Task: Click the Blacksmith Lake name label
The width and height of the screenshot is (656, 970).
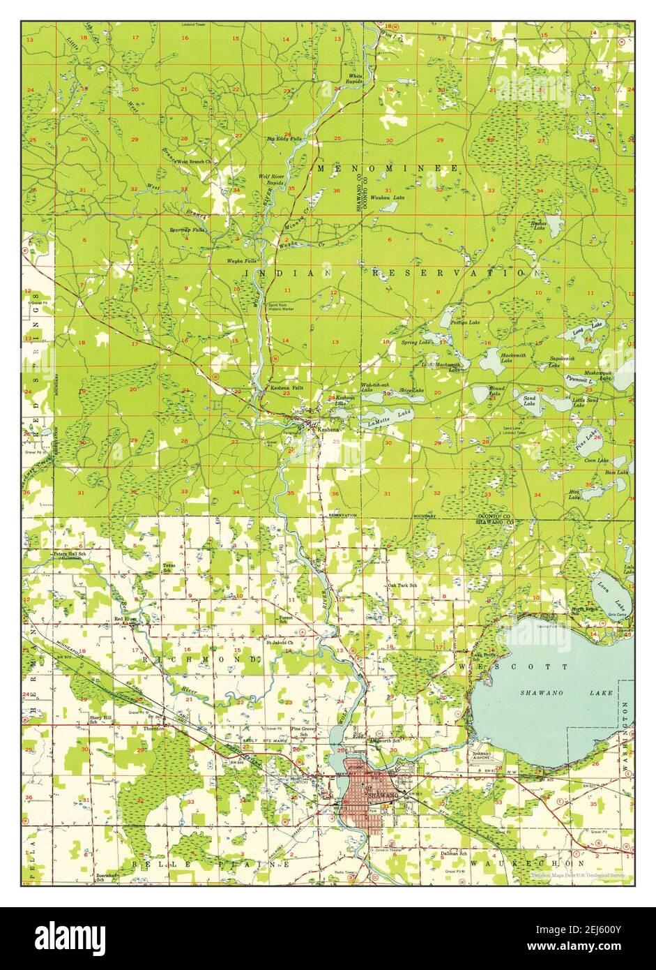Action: tap(517, 357)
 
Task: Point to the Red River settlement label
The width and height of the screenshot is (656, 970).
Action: tap(126, 619)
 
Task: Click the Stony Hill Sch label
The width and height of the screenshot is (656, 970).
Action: tap(99, 719)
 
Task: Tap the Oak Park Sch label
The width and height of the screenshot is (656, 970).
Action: tap(402, 585)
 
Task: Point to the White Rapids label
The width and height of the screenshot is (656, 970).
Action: tap(356, 78)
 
